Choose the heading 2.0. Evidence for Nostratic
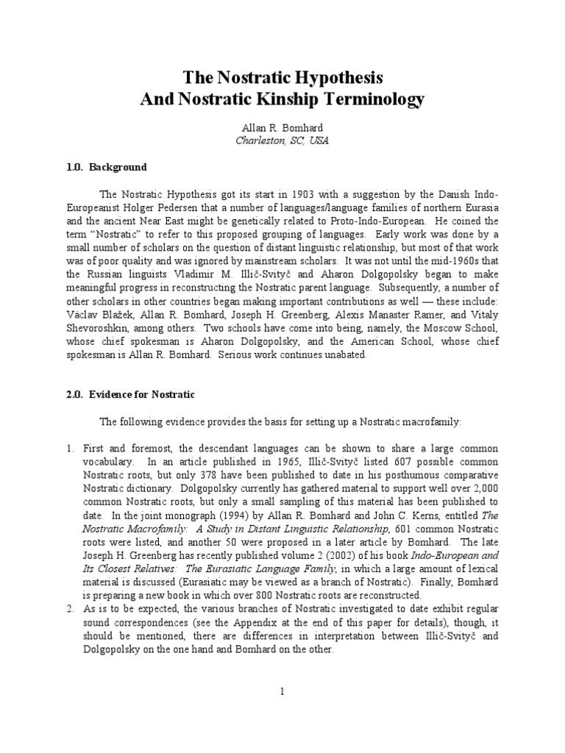[129, 394]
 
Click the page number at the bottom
[282, 691]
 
